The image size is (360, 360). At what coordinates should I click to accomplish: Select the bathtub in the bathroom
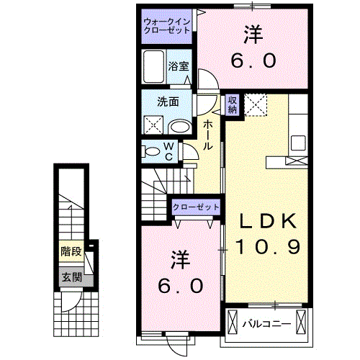tap(155, 71)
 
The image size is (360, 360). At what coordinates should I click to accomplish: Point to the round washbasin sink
tap(180, 127)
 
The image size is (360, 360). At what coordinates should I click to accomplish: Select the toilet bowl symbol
tap(151, 151)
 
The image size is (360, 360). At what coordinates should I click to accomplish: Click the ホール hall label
tap(207, 135)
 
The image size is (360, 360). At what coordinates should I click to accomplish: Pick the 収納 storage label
tap(233, 105)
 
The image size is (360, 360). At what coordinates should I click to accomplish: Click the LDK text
tap(264, 220)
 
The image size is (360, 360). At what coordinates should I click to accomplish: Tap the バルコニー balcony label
tap(266, 324)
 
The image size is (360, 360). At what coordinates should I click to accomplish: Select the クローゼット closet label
tap(195, 207)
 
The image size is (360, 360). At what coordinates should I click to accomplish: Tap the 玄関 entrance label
tap(71, 276)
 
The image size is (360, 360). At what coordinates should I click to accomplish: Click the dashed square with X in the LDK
tap(256, 106)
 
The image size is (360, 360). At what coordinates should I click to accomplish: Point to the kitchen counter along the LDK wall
tap(299, 130)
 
